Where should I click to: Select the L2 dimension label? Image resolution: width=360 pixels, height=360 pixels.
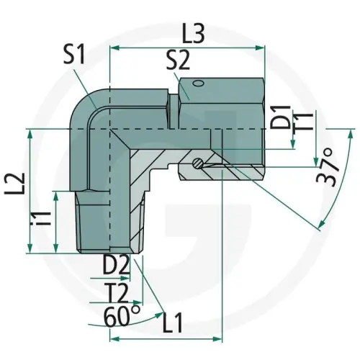tap(16, 189)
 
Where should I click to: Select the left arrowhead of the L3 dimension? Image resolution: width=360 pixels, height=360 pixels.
tap(113, 49)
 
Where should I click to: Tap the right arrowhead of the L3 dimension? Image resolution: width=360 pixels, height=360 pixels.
tap(261, 49)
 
